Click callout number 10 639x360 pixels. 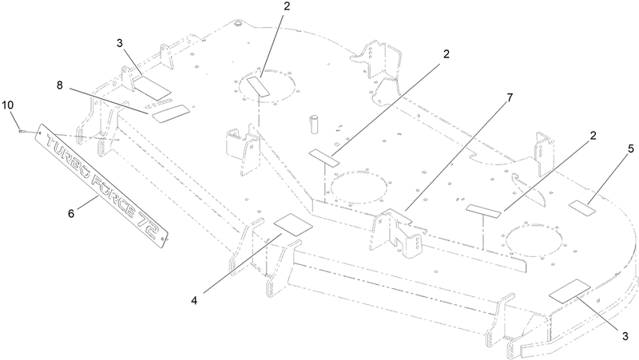click(x=8, y=105)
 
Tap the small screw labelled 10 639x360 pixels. click(x=23, y=131)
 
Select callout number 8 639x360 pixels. click(x=59, y=85)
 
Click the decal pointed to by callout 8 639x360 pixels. click(x=171, y=113)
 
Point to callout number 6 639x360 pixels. click(x=71, y=213)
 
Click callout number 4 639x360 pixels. click(x=194, y=301)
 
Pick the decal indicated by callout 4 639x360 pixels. click(x=293, y=224)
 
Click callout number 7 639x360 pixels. click(x=510, y=97)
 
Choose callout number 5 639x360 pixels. click(x=631, y=149)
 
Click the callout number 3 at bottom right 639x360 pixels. click(x=625, y=336)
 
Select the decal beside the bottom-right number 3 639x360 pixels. click(x=570, y=291)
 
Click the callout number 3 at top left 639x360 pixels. click(x=119, y=43)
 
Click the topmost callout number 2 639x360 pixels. click(x=287, y=7)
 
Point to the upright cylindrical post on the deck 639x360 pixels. click(x=315, y=125)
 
